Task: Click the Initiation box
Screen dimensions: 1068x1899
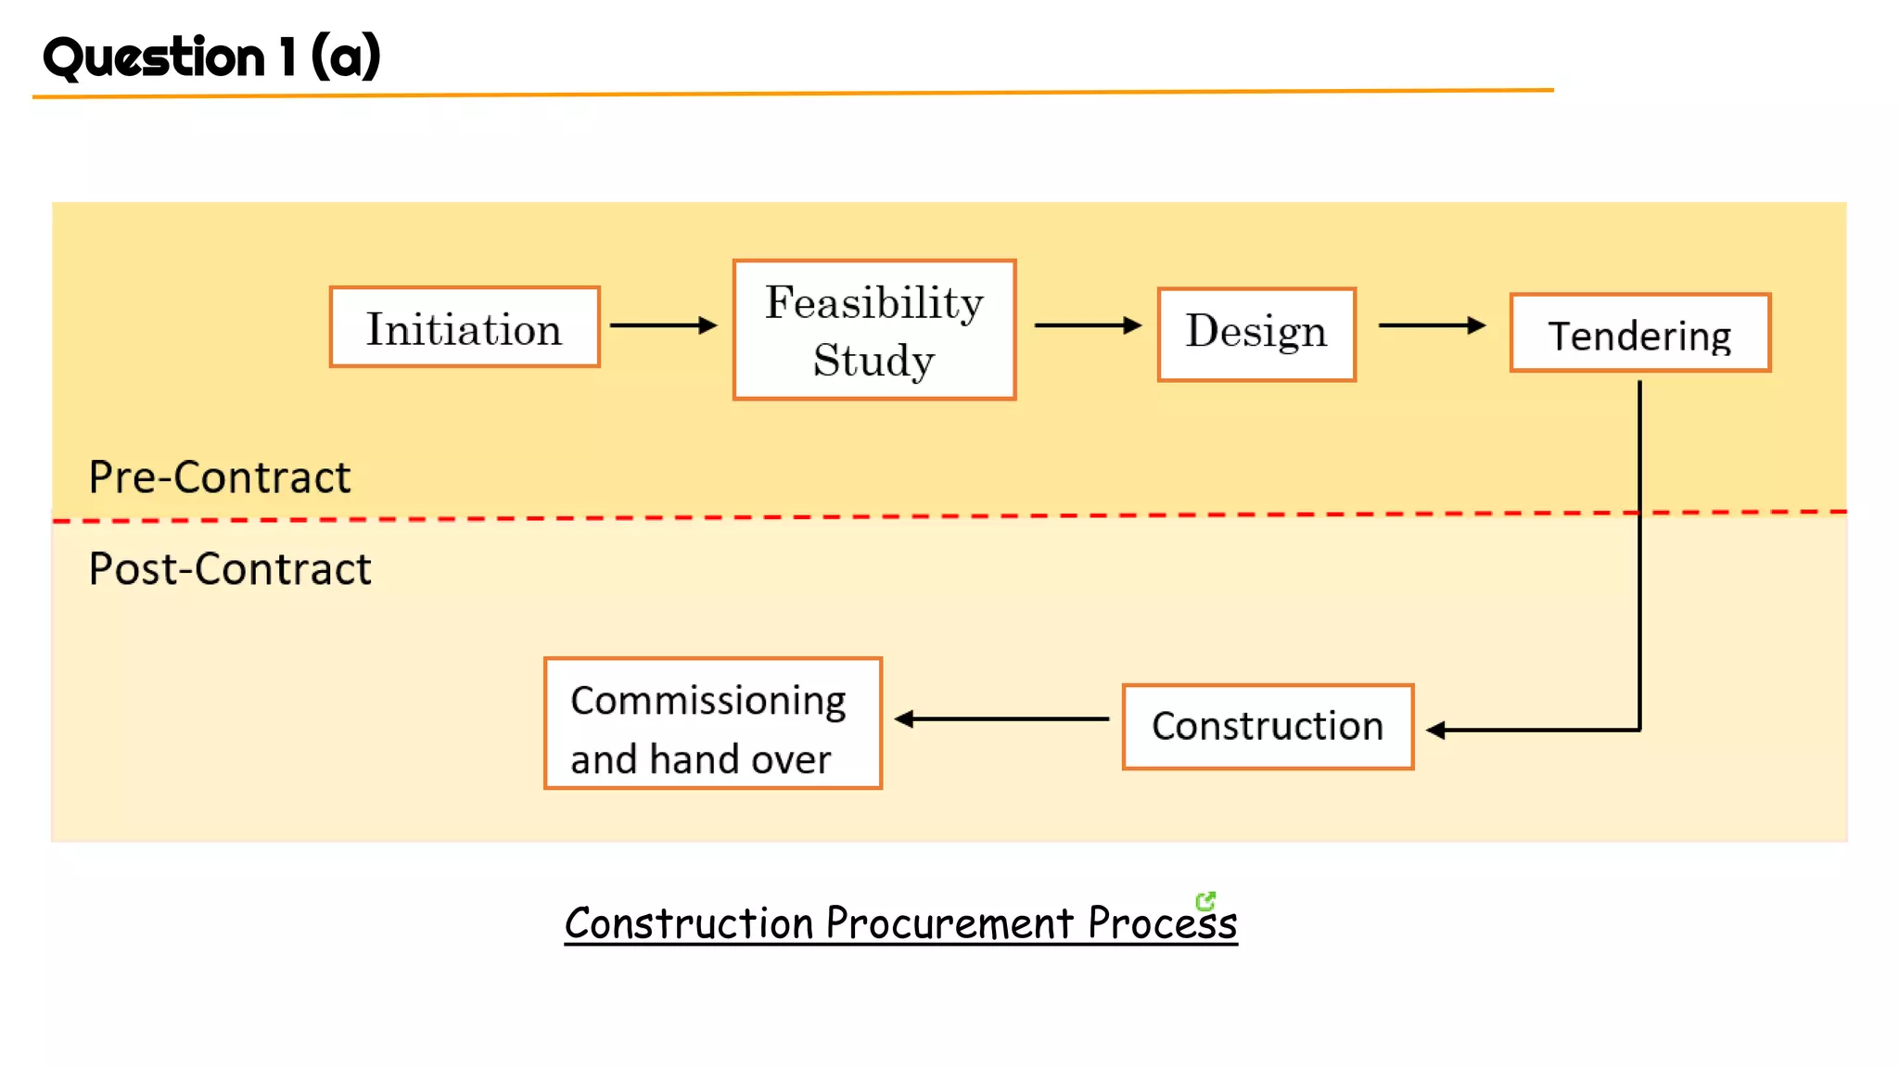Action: pyautogui.click(x=465, y=327)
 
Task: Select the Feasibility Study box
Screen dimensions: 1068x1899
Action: pyautogui.click(x=874, y=330)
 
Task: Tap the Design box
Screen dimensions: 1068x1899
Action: pyautogui.click(x=1256, y=334)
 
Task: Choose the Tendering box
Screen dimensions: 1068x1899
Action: pyautogui.click(x=1639, y=334)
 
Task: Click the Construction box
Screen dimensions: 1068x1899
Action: pyautogui.click(x=1268, y=727)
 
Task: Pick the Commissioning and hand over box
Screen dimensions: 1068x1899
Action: pyautogui.click(x=712, y=723)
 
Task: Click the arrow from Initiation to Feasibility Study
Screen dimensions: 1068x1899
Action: pyautogui.click(x=663, y=325)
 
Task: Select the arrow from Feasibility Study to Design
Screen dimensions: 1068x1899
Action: pyautogui.click(x=1087, y=325)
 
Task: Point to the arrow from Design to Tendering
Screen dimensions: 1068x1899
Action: pyautogui.click(x=1432, y=325)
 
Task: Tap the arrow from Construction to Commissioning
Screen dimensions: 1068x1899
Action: pyautogui.click(x=1001, y=718)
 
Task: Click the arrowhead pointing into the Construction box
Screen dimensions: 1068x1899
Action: pyautogui.click(x=1435, y=731)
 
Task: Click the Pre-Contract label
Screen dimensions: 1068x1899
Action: pyautogui.click(x=220, y=478)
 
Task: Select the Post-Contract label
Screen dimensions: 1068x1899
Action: pyautogui.click(x=229, y=569)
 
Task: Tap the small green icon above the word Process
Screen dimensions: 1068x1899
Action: pyautogui.click(x=1204, y=900)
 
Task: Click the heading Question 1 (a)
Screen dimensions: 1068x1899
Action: pyautogui.click(x=211, y=57)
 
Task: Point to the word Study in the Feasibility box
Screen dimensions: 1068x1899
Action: pyautogui.click(x=873, y=361)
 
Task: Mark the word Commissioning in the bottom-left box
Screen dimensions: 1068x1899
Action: pyautogui.click(x=707, y=701)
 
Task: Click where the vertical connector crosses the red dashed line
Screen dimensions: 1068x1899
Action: pyautogui.click(x=1639, y=513)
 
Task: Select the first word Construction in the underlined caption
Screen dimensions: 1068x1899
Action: pyautogui.click(x=689, y=923)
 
